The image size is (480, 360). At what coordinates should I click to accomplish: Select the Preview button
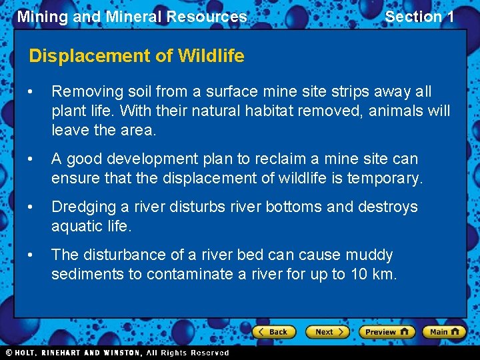(387, 331)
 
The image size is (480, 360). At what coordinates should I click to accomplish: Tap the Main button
(444, 331)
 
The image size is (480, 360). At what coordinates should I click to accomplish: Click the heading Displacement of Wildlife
(137, 56)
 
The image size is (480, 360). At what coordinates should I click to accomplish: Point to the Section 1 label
(419, 17)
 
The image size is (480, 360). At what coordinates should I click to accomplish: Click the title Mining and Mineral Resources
(132, 17)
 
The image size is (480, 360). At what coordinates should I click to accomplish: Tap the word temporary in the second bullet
(387, 178)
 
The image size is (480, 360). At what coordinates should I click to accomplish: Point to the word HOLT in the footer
(26, 353)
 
